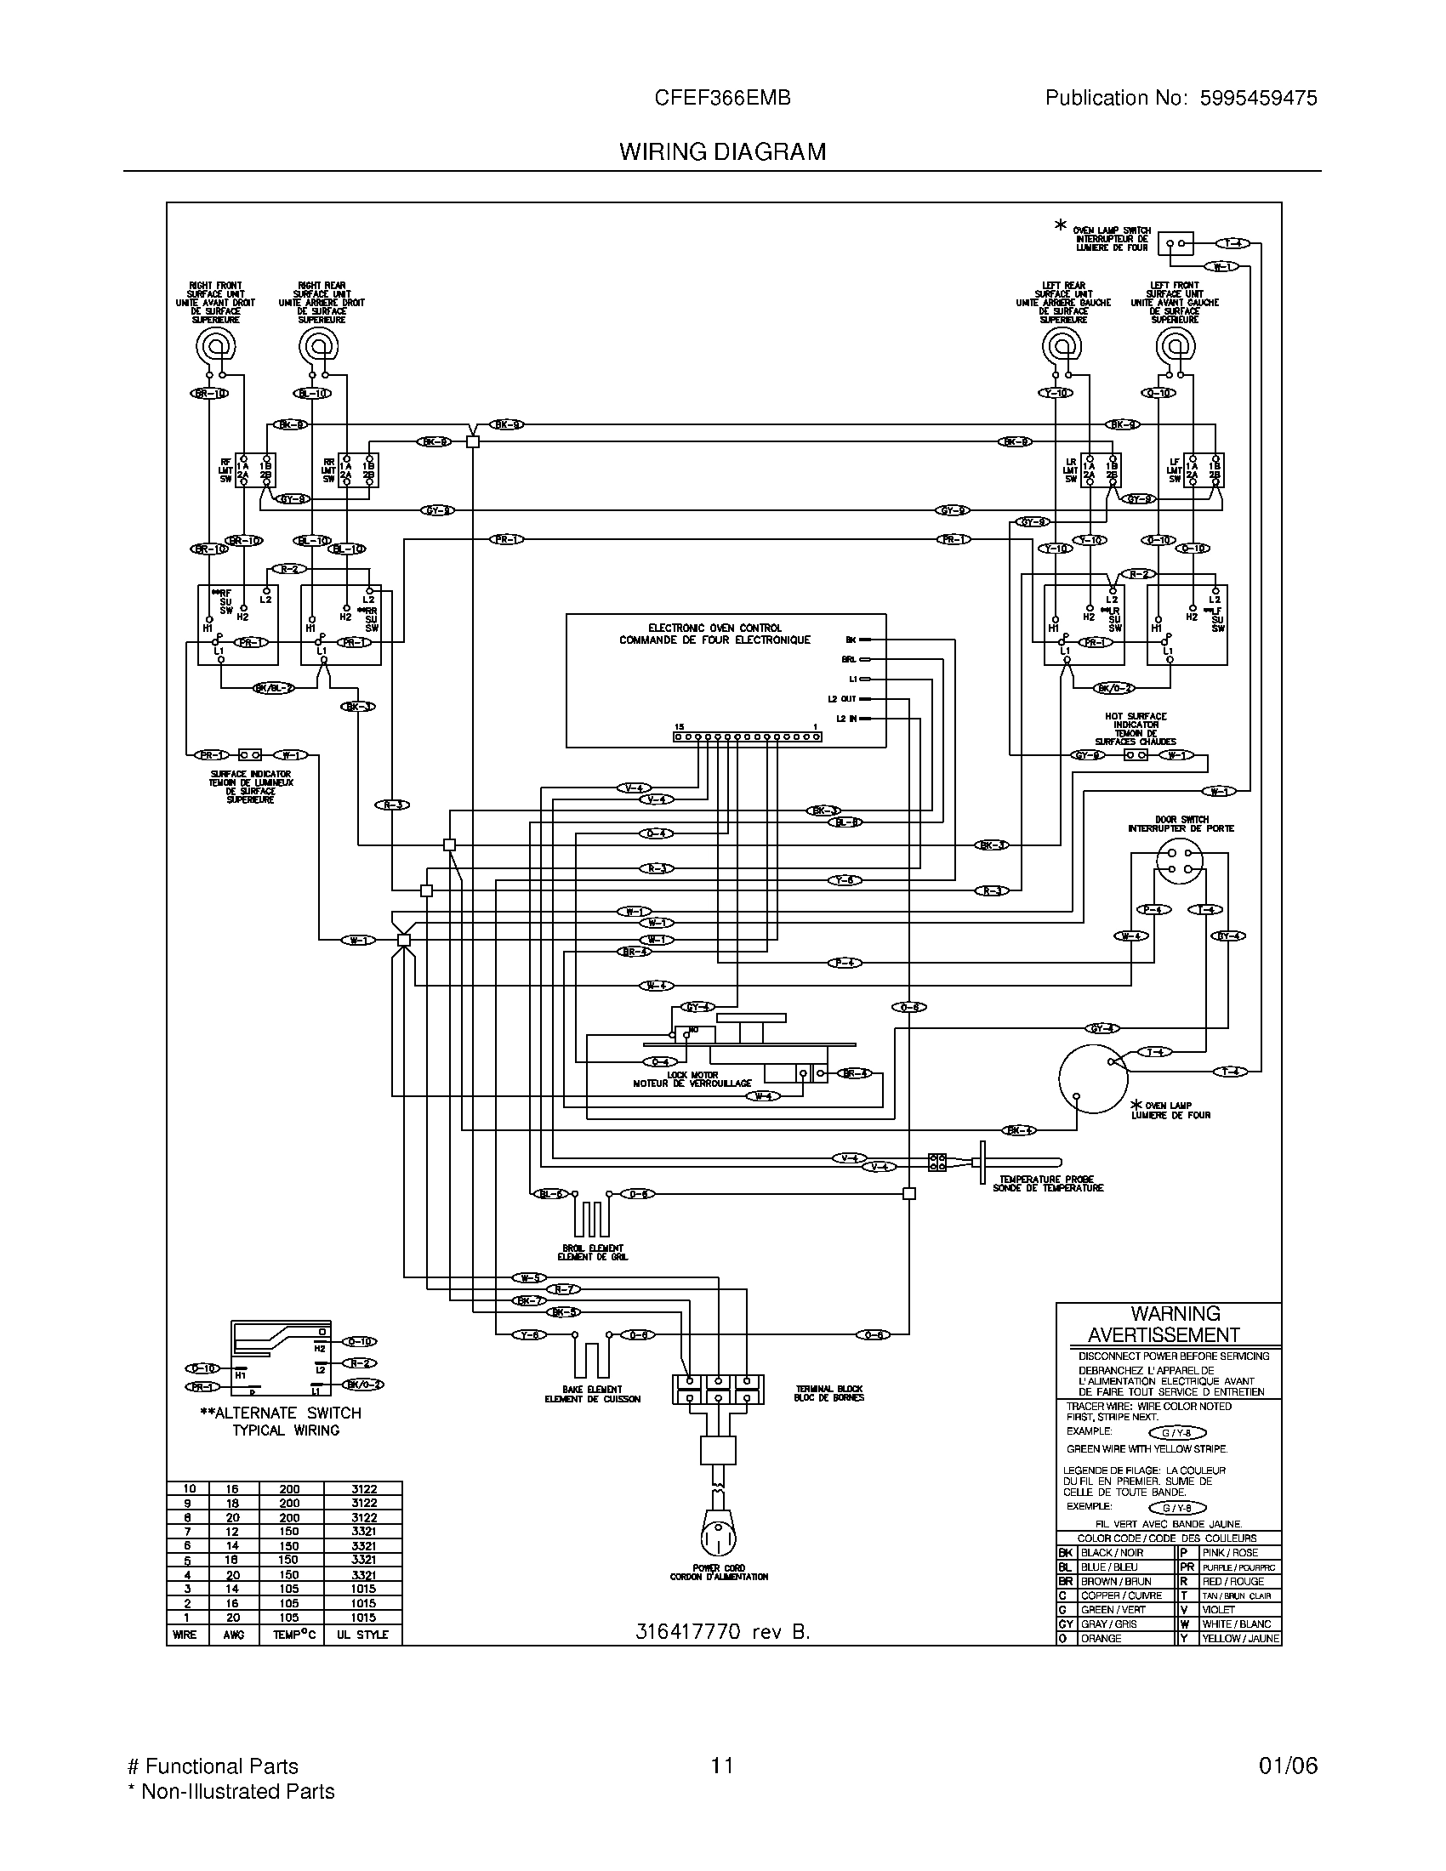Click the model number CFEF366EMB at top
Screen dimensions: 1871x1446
[722, 98]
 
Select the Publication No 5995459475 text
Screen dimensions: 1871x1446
[1181, 98]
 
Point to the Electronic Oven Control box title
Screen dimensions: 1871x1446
[714, 634]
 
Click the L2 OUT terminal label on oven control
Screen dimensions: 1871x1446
[841, 699]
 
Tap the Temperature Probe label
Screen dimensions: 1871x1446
[1048, 1184]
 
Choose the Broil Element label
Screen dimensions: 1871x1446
[593, 1252]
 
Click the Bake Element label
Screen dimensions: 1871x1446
[592, 1394]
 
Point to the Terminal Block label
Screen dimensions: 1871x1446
[829, 1393]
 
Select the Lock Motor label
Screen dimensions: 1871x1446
[692, 1079]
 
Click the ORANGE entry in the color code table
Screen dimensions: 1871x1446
[1101, 1638]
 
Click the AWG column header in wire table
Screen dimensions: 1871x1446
[233, 1635]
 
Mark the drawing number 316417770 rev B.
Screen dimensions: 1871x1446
[722, 1632]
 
